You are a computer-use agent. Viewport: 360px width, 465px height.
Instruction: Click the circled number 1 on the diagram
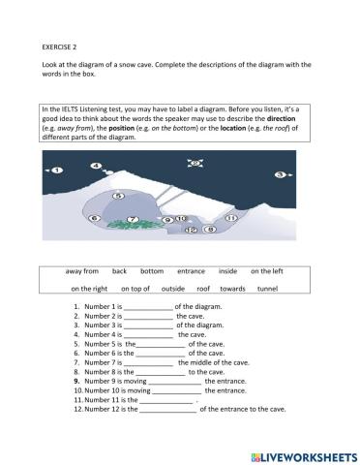coord(56,170)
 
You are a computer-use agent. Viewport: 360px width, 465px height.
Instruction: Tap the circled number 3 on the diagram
coord(278,174)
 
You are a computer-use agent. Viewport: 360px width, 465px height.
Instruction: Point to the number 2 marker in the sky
coord(195,165)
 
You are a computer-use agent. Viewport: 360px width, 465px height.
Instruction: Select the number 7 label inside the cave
coord(133,220)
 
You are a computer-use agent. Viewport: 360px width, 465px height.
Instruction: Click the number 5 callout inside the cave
coord(117,195)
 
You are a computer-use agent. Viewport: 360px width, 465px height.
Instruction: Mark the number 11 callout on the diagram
coord(231,220)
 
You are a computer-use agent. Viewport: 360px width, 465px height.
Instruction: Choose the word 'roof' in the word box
coord(203,289)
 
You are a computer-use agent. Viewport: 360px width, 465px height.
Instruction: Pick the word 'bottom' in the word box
coord(152,272)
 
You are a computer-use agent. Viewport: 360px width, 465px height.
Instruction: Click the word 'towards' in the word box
coord(232,289)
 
